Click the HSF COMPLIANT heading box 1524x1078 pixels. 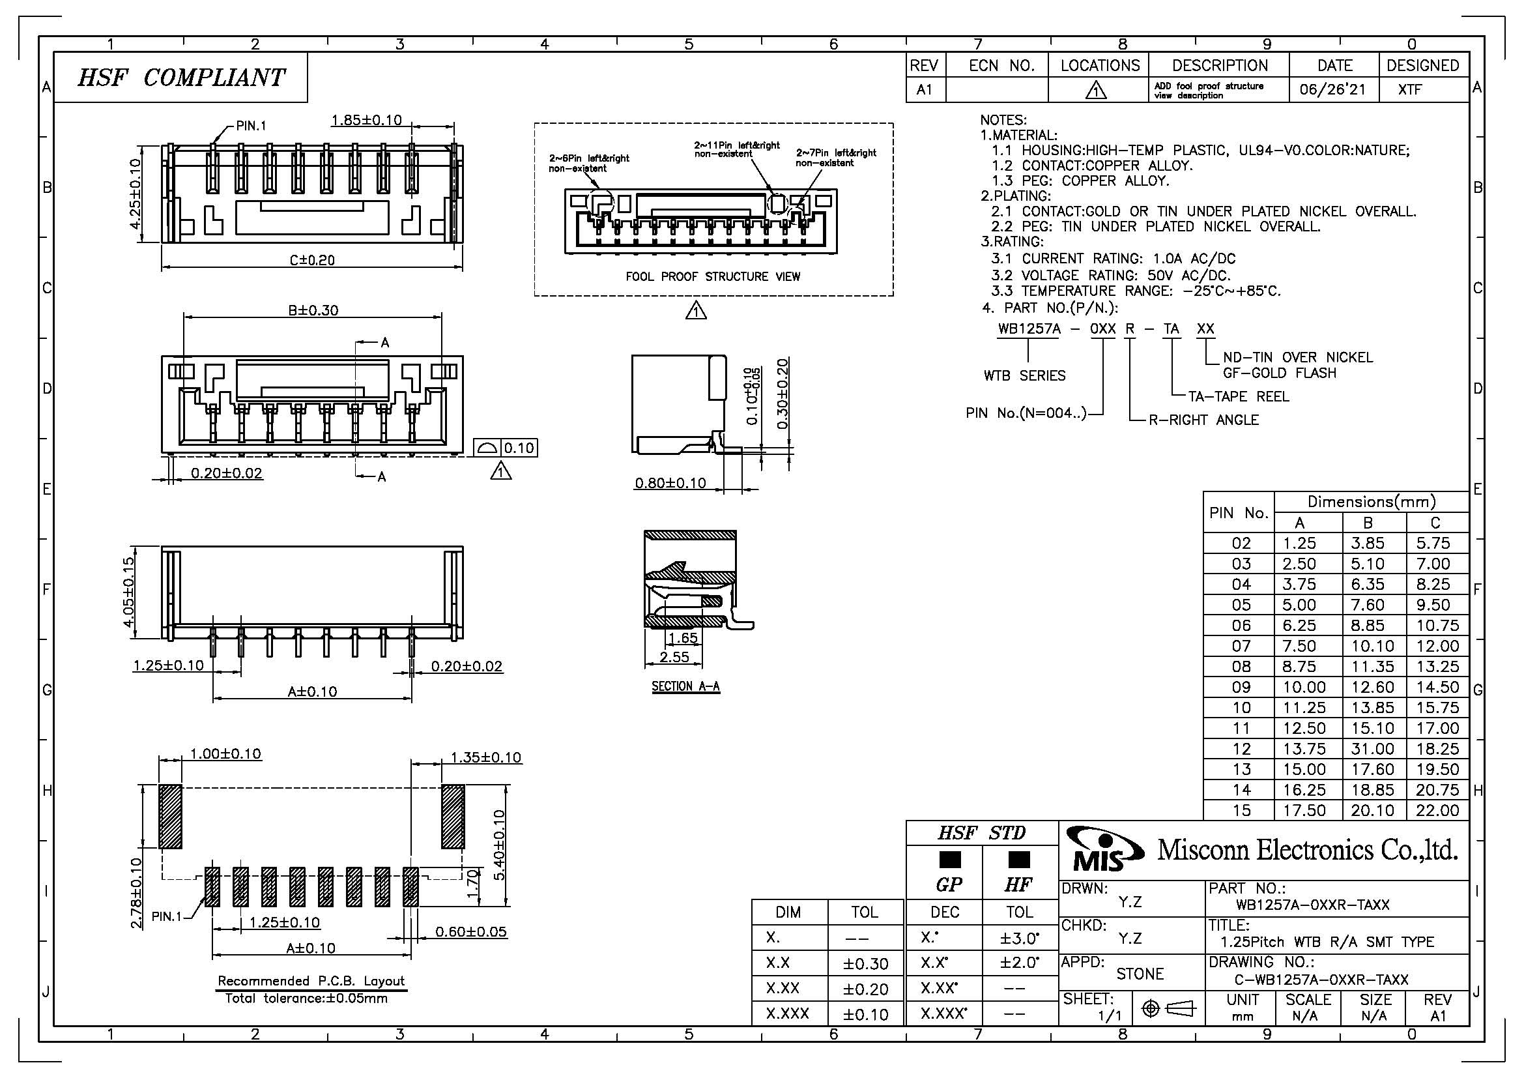[180, 78]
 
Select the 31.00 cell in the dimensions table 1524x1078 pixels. [1372, 749]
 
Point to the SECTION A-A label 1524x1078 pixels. [685, 686]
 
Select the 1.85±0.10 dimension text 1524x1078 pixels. [366, 120]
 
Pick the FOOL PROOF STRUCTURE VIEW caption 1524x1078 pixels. [713, 277]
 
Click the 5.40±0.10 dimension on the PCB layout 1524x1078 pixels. [500, 844]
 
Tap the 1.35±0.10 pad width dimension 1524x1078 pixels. [486, 757]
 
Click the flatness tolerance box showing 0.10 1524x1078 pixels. [505, 448]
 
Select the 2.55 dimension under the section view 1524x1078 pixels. [674, 657]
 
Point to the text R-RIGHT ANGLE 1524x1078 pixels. [1203, 420]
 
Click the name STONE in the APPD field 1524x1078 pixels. [1140, 974]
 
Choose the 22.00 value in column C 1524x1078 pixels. [1437, 811]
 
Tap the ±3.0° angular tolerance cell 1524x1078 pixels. [1019, 938]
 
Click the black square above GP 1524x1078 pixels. [950, 860]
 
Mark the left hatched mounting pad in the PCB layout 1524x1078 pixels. [171, 816]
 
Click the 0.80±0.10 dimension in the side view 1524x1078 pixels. [670, 483]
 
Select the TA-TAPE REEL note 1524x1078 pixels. [1238, 397]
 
